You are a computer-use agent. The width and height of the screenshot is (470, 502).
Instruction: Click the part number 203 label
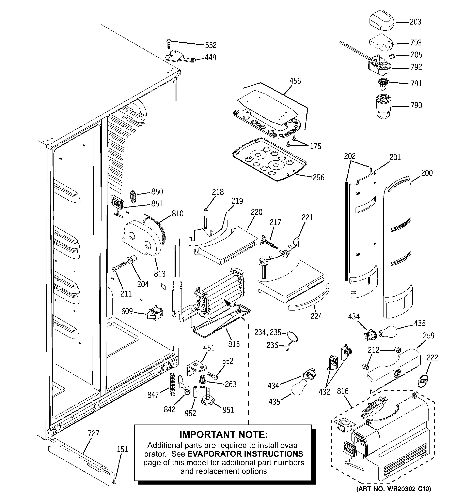pos(415,22)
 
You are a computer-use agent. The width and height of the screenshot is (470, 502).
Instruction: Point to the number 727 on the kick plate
pos(93,434)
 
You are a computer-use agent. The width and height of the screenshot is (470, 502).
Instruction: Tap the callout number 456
pos(295,81)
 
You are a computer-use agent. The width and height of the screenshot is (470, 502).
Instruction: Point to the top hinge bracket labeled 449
pos(181,58)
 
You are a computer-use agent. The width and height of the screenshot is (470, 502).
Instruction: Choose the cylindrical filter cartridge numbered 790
pos(383,106)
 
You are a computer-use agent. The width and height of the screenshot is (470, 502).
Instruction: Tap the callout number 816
pos(343,391)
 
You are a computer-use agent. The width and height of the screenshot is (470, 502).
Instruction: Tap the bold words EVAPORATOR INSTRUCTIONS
pos(245,454)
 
